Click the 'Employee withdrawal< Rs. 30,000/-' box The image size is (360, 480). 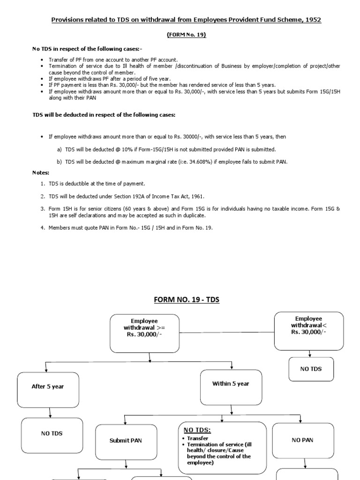tap(308, 331)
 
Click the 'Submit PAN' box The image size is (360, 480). tap(126, 440)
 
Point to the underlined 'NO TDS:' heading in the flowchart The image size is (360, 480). tap(197, 430)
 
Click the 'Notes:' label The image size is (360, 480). tap(41, 172)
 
